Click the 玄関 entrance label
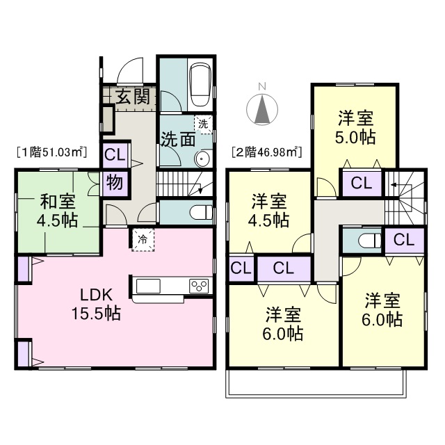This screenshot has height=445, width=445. coord(133,97)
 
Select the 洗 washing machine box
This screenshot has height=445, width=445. coord(203,124)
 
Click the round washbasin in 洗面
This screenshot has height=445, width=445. coord(202,158)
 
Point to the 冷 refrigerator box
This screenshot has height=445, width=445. coord(143,240)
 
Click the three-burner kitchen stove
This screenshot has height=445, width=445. coord(199,286)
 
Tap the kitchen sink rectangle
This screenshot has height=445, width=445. coord(148,286)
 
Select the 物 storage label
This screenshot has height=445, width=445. coord(115,183)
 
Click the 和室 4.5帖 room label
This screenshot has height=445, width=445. coord(57,210)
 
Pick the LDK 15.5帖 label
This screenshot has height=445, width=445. coord(96,305)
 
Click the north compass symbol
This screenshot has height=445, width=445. coord(262,106)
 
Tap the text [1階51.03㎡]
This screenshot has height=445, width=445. coord(51,152)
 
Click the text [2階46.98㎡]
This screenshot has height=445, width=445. coord(266,152)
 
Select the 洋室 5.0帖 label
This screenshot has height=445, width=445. coord(355,127)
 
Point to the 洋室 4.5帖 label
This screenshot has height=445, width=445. coord(269,210)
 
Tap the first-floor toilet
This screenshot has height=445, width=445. coord(201,212)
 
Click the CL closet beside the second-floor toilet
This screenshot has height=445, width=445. coord(404,240)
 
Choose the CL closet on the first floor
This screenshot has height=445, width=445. coord(115,155)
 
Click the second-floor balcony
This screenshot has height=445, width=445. coord(316,383)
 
